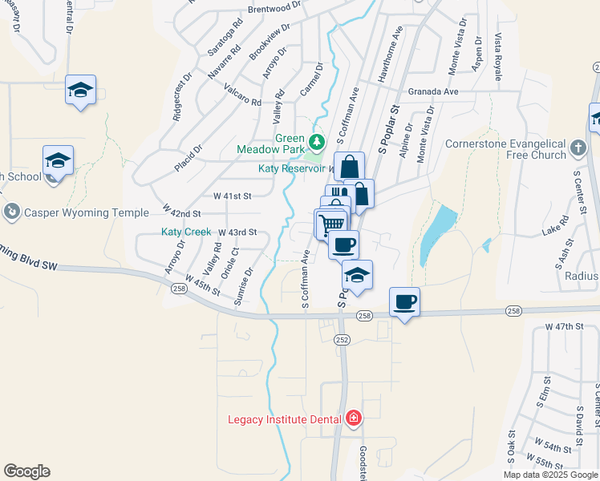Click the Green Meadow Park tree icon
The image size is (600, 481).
[x=317, y=143]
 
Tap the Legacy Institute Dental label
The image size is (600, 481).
[x=285, y=419]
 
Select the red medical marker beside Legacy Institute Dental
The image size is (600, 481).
[x=353, y=418]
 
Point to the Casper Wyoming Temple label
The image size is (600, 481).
[x=87, y=212]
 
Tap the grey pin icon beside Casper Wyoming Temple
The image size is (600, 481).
[x=11, y=212]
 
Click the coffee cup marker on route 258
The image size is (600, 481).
[x=404, y=302]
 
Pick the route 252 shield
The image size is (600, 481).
[x=343, y=340]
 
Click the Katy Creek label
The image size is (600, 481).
[x=186, y=232]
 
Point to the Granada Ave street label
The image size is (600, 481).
[x=432, y=91]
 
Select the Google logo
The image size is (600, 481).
[x=26, y=471]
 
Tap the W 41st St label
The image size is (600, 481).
[x=233, y=196]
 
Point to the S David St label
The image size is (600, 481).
[x=578, y=423]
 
